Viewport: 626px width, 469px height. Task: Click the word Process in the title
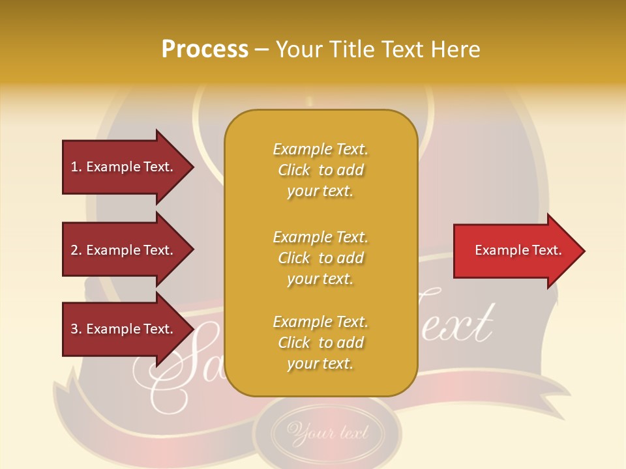pyautogui.click(x=205, y=50)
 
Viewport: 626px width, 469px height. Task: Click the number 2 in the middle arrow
pyautogui.click(x=74, y=250)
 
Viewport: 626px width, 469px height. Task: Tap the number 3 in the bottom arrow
pyautogui.click(x=74, y=329)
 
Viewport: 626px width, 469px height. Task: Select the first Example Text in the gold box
pyautogui.click(x=320, y=149)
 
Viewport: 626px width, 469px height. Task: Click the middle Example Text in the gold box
pyautogui.click(x=320, y=237)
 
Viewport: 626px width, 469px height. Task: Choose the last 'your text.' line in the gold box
pyautogui.click(x=320, y=363)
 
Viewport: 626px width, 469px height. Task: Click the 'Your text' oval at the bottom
pyautogui.click(x=328, y=432)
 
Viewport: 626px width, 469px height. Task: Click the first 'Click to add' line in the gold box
pyautogui.click(x=320, y=170)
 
